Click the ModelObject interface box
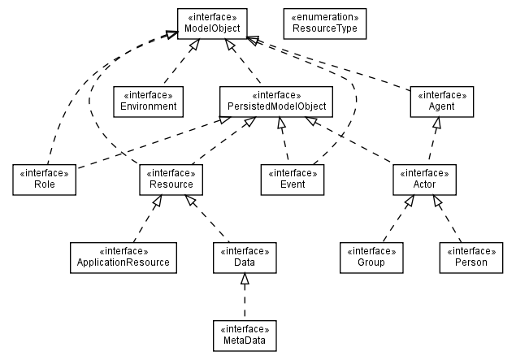[211, 24]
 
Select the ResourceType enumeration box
[324, 24]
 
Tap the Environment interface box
[147, 101]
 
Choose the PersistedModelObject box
[277, 101]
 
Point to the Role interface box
[44, 179]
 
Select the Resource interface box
[171, 179]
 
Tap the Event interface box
[293, 179]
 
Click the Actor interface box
[423, 179]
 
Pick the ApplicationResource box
[123, 257]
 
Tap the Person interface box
[471, 257]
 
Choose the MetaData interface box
[245, 334]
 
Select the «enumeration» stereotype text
[324, 17]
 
